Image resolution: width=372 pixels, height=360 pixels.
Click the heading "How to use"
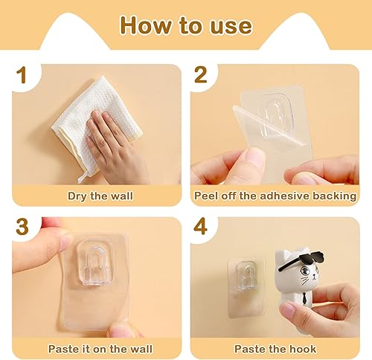pos(186,25)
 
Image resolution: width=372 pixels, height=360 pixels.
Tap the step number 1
pos(22,75)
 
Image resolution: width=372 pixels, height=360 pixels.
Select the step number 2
pos(200,75)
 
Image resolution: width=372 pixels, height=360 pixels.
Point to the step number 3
pos(22,227)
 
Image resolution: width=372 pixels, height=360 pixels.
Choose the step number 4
pos(200,227)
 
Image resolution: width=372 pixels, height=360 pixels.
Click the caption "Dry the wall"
pos(100,196)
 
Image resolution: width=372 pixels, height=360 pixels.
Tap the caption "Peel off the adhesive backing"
pos(275,196)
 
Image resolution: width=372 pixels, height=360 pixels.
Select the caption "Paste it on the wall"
pos(100,349)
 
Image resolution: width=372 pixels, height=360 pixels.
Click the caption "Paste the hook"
pos(275,349)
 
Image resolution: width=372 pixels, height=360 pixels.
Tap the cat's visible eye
pos(305,271)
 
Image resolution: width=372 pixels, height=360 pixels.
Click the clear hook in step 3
pos(95,263)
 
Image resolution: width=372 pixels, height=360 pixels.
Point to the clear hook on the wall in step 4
pos(245,275)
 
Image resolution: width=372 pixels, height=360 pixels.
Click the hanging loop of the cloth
pos(83,177)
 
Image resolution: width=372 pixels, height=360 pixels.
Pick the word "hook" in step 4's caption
pos(303,349)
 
